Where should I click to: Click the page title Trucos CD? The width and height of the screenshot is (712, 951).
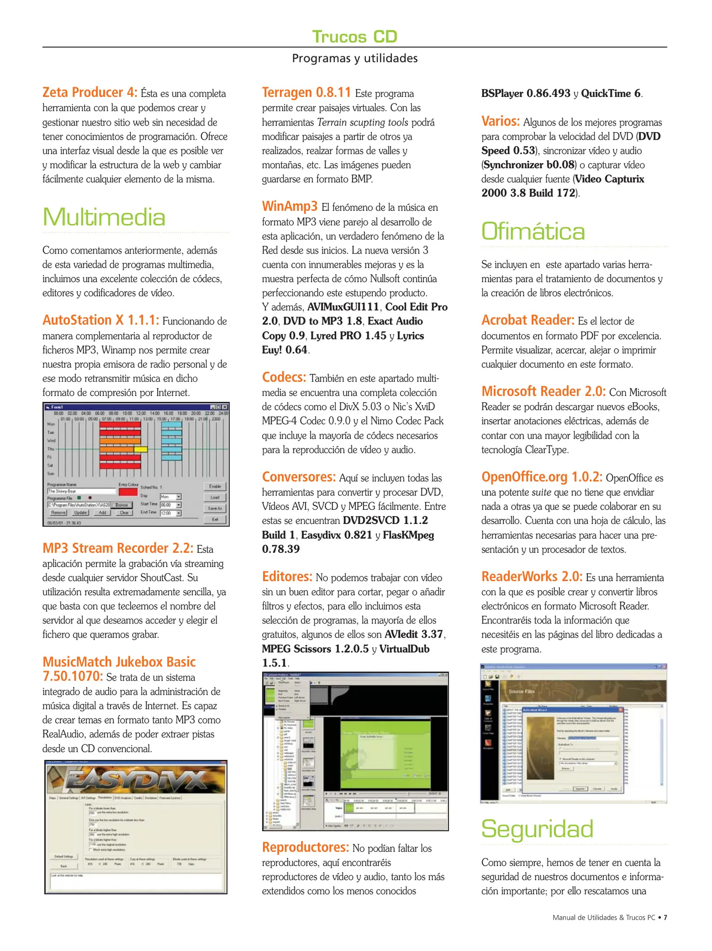tap(355, 37)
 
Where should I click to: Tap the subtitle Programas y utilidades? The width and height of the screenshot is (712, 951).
tap(355, 58)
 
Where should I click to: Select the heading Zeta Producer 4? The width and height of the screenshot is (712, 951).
tap(90, 92)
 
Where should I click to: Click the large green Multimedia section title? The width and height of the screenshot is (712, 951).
tap(104, 217)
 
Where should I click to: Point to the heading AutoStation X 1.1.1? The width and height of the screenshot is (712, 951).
tap(101, 320)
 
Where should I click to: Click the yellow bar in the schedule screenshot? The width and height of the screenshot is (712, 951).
tap(141, 449)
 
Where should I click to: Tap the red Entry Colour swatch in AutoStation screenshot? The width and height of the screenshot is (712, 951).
tap(128, 492)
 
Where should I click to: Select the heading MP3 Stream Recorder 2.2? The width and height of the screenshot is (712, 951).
tap(117, 548)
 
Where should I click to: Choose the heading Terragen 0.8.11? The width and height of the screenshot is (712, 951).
tap(306, 92)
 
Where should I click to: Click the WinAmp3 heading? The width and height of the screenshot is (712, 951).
tap(290, 206)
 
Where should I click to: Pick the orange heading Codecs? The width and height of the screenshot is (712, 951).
tap(284, 377)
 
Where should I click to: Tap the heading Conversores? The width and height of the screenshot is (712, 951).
tap(299, 477)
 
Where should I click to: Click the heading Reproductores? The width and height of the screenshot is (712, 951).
tap(305, 847)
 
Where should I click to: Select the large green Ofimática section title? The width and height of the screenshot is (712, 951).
tap(533, 231)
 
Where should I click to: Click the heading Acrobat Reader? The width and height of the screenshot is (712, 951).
tap(528, 320)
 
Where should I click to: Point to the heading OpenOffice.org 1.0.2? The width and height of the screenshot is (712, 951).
tap(542, 477)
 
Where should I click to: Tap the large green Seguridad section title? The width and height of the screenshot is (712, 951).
tap(537, 829)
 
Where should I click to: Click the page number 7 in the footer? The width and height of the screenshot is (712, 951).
tap(665, 918)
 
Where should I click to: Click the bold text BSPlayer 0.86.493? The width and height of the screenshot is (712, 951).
tap(525, 93)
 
